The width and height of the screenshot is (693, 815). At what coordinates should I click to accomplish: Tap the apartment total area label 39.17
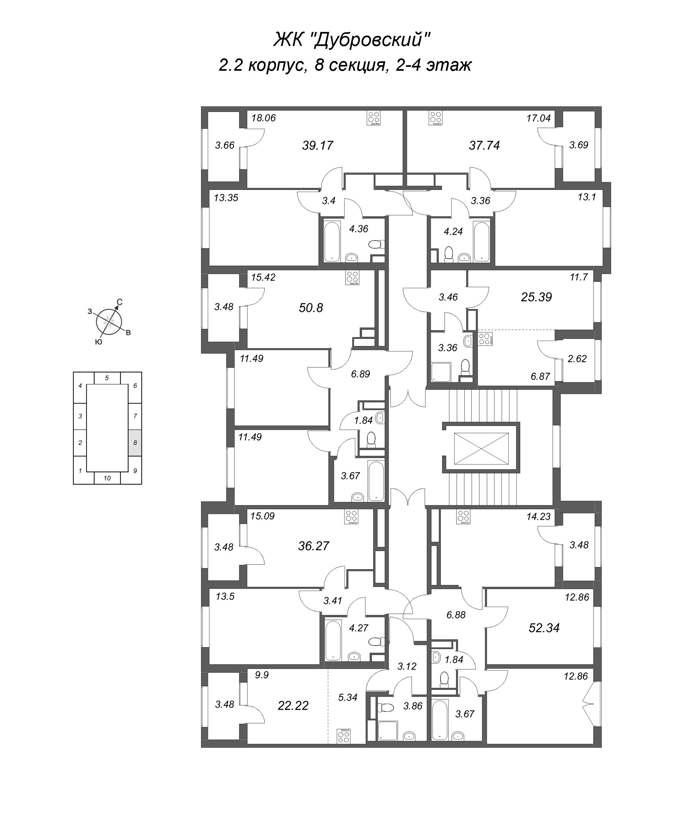coord(317,146)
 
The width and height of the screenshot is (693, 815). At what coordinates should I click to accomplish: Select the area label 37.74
coord(484,146)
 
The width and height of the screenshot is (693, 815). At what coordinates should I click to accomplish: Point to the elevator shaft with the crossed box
coord(481,448)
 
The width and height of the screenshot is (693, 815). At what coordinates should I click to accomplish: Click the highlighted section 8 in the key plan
coord(135,443)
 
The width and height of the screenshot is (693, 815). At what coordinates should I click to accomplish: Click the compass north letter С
coord(120,302)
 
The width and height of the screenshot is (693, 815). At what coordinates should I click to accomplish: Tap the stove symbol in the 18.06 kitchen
coord(374,118)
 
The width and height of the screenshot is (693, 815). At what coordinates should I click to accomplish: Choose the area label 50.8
coord(311,308)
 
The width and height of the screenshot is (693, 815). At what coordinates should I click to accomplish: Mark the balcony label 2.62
coord(577,358)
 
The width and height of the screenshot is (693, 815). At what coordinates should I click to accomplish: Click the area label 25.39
coord(536,297)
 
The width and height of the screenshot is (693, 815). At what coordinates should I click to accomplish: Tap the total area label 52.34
coord(544,628)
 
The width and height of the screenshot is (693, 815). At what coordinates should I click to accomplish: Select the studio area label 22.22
coord(293,706)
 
